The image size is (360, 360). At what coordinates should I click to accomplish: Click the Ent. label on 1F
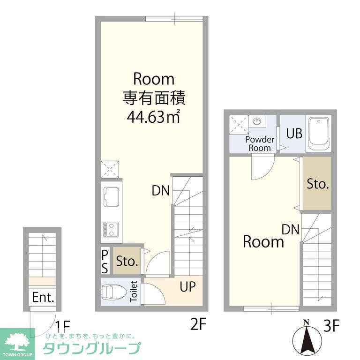click(x=43, y=297)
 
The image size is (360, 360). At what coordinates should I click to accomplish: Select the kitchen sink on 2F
click(x=111, y=197)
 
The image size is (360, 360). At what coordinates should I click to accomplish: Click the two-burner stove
click(x=111, y=229)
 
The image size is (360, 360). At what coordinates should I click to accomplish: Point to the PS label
click(x=105, y=262)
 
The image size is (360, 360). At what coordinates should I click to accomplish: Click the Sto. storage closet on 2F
click(x=127, y=261)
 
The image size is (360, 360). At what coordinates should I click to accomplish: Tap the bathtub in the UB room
click(x=318, y=134)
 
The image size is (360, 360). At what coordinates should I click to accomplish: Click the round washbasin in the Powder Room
click(x=257, y=121)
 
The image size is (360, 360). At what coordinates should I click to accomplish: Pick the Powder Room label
click(x=260, y=144)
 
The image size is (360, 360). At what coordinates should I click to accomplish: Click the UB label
click(x=294, y=133)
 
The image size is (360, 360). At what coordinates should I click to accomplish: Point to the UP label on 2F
click(x=187, y=286)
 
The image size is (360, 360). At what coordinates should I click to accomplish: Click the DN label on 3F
click(x=291, y=229)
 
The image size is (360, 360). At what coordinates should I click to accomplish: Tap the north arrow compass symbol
click(x=306, y=338)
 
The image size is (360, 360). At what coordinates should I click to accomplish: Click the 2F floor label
click(x=198, y=324)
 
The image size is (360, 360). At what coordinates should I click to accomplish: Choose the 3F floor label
click(x=331, y=325)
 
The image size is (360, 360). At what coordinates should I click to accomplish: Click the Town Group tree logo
click(x=17, y=343)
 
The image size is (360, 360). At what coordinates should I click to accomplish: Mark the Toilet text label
click(x=134, y=292)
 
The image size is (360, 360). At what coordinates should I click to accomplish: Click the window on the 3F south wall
click(x=271, y=308)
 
